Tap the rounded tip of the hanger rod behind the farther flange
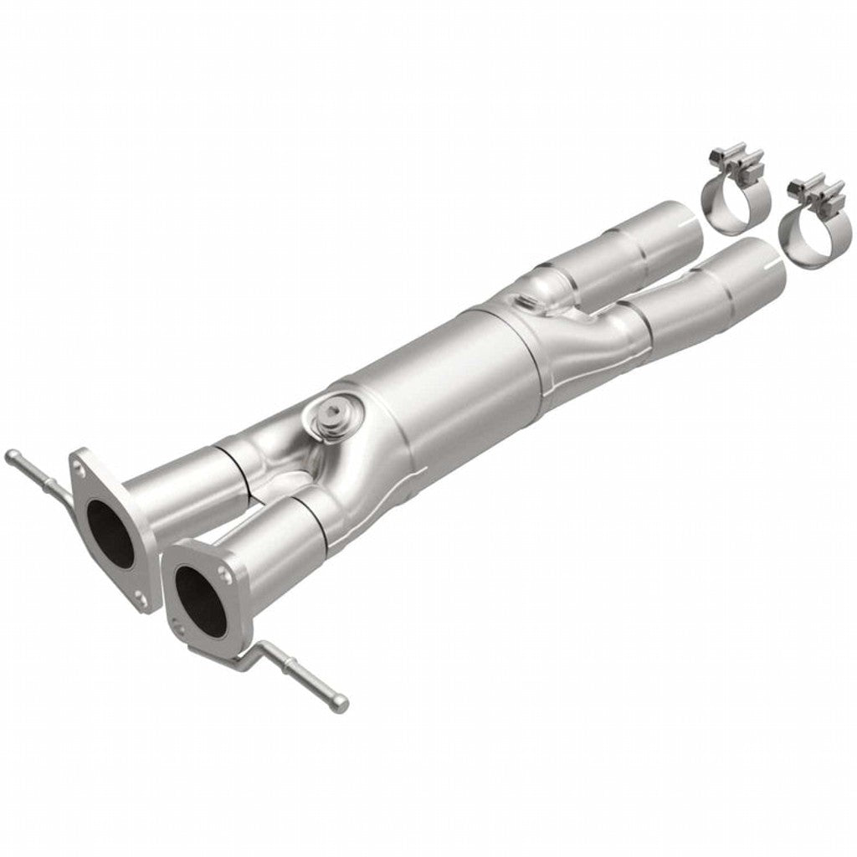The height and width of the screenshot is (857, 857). [x=12, y=455]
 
